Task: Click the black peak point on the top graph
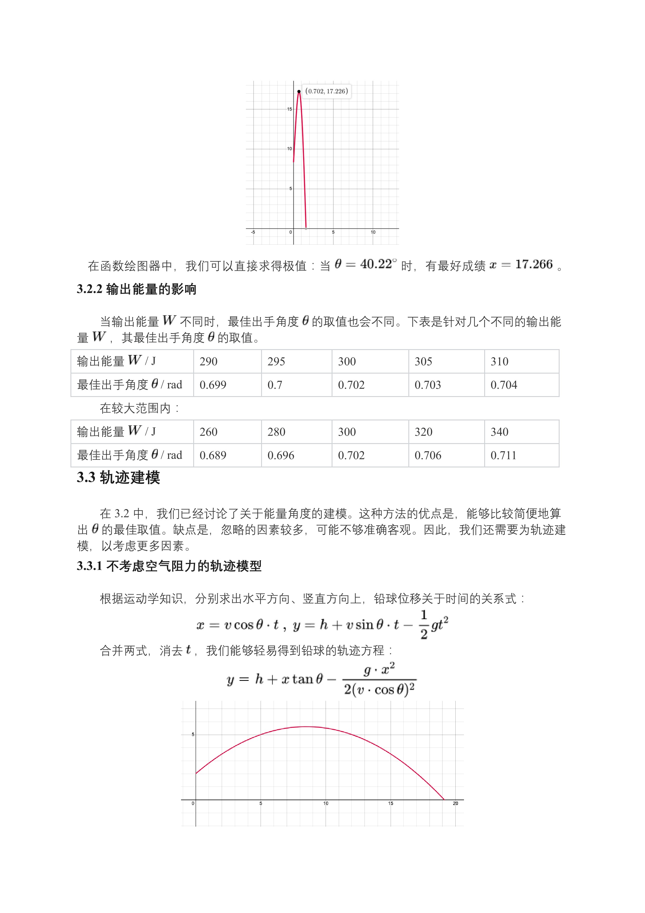click(x=299, y=91)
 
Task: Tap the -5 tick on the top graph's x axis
click(x=253, y=232)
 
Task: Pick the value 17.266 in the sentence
click(x=533, y=264)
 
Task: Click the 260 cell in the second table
click(x=208, y=432)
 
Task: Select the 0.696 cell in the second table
click(x=281, y=455)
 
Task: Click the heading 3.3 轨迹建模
click(x=118, y=478)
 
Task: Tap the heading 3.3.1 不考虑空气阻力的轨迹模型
click(x=169, y=566)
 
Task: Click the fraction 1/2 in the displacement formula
click(x=424, y=625)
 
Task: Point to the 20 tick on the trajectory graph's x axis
click(x=455, y=803)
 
